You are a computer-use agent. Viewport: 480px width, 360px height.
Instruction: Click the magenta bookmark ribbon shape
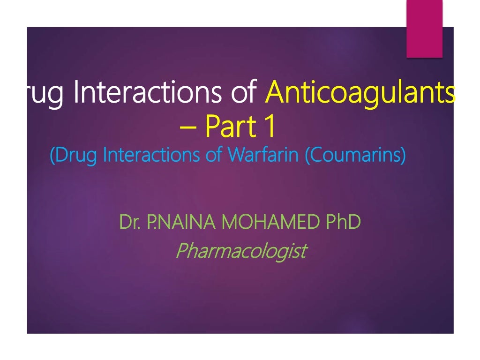click(x=424, y=29)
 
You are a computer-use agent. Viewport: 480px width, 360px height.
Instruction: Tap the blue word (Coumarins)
click(x=355, y=154)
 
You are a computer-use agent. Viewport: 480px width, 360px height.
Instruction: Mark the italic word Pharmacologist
click(x=240, y=251)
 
